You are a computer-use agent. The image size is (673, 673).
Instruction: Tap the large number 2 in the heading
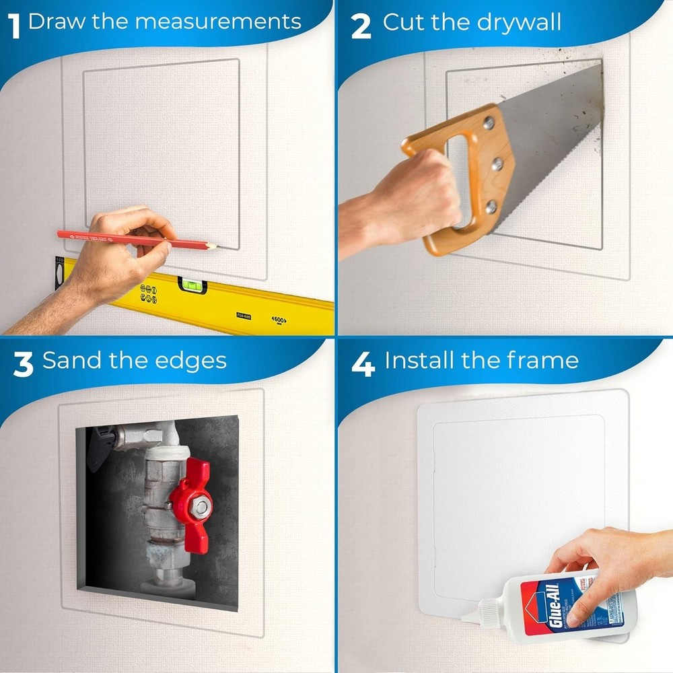click(x=361, y=25)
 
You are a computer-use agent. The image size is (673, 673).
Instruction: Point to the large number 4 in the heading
click(x=363, y=363)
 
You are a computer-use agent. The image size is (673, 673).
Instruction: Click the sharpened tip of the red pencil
click(x=214, y=247)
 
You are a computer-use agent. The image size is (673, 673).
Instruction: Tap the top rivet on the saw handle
click(x=489, y=123)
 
